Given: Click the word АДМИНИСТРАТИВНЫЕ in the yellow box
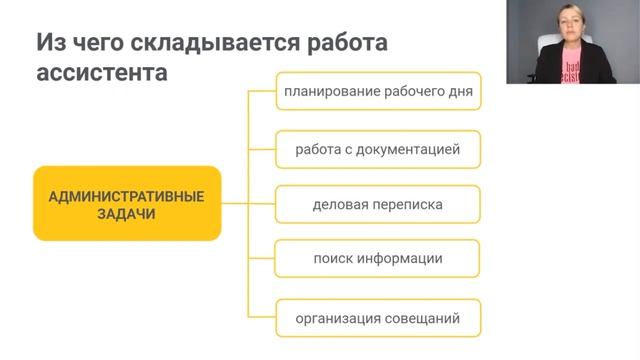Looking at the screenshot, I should pyautogui.click(x=126, y=195).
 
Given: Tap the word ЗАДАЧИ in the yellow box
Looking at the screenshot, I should pyautogui.click(x=126, y=213).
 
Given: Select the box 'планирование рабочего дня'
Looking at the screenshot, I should pyautogui.click(x=377, y=92).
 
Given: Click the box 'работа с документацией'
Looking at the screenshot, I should pyautogui.click(x=377, y=149).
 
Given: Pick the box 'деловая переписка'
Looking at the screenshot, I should pyautogui.click(x=377, y=205).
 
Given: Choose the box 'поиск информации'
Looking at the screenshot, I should pyautogui.click(x=377, y=259).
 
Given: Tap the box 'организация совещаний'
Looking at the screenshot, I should pyautogui.click(x=377, y=319).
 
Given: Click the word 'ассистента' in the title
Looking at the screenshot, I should pyautogui.click(x=100, y=73).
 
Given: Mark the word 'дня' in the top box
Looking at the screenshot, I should pyautogui.click(x=459, y=92).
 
